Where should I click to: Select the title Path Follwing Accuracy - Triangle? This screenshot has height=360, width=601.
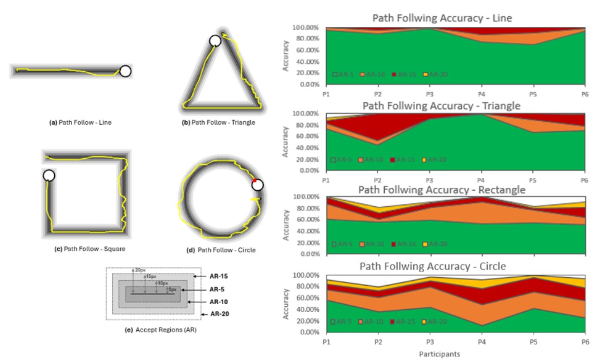point(441,105)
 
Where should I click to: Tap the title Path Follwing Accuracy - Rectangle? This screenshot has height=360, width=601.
point(441,190)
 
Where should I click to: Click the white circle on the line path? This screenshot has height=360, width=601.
point(125,71)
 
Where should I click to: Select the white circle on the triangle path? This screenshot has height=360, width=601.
point(215,41)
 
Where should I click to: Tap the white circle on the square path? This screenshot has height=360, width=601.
point(49,176)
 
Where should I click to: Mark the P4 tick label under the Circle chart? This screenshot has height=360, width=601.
point(481,342)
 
